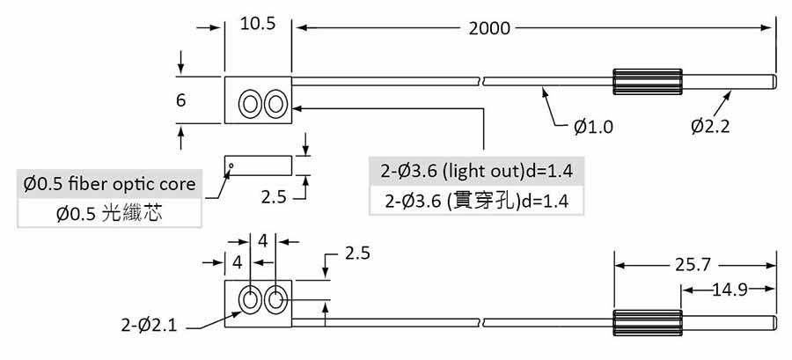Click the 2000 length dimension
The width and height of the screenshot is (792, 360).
(489, 28)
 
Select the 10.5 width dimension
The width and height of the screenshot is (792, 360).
(258, 25)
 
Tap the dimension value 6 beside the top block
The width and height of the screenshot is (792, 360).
(180, 100)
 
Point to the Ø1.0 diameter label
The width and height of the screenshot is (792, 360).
(593, 127)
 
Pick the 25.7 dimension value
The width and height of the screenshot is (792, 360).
(695, 264)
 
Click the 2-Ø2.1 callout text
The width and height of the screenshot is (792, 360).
(150, 326)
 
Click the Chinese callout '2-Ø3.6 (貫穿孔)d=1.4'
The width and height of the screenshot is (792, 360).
(477, 201)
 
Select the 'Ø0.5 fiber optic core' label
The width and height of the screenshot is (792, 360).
(111, 185)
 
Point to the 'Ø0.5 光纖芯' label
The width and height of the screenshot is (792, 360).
(111, 214)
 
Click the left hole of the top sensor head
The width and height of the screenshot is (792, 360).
(250, 105)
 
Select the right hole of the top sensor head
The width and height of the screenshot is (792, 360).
(275, 105)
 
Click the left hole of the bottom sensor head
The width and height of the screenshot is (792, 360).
(250, 300)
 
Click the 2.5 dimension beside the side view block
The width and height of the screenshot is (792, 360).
(274, 197)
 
